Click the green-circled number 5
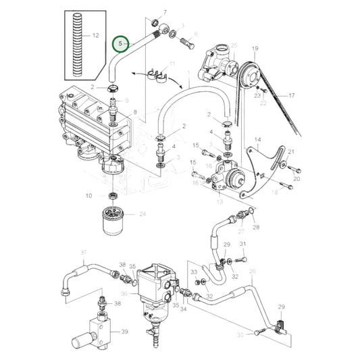coord(121,45)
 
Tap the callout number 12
coord(95,35)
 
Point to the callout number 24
coord(143,214)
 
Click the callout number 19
coord(255,49)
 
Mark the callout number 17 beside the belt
coord(292,95)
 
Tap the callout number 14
coord(257,140)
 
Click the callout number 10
coord(88,196)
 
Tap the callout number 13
coord(220,202)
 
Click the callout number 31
coord(243,244)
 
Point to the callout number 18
coord(274,192)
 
